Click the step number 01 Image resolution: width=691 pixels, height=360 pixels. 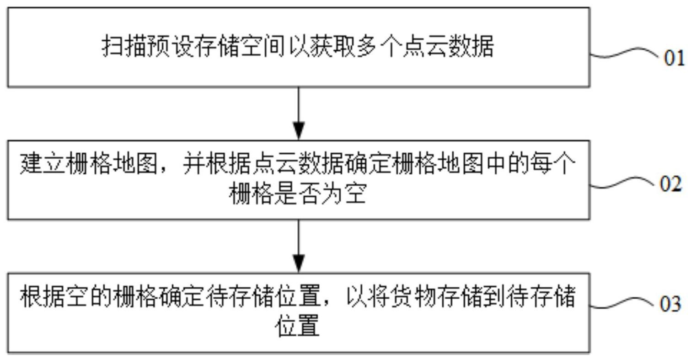[674, 59]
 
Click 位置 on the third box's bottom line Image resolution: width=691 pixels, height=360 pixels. [298, 327]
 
